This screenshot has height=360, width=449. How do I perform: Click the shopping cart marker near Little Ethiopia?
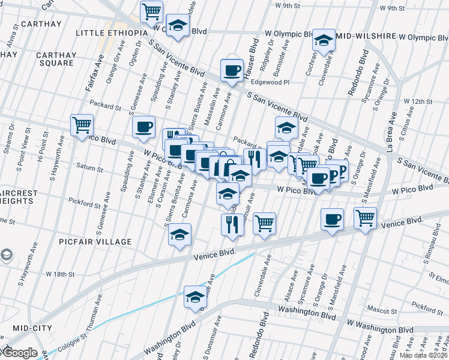[152, 11]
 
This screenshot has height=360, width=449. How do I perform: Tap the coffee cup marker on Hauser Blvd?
[232, 70]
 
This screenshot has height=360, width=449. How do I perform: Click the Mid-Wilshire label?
[361, 36]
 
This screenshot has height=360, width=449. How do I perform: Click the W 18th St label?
[60, 274]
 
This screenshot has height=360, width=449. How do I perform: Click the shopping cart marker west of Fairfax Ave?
[82, 125]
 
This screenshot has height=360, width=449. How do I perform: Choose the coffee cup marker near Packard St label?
[143, 127]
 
